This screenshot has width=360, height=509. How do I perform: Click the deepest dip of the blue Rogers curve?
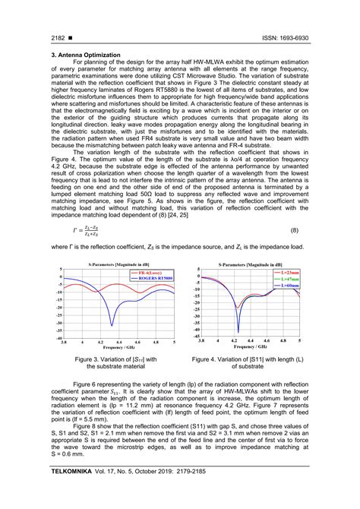point(112,325)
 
